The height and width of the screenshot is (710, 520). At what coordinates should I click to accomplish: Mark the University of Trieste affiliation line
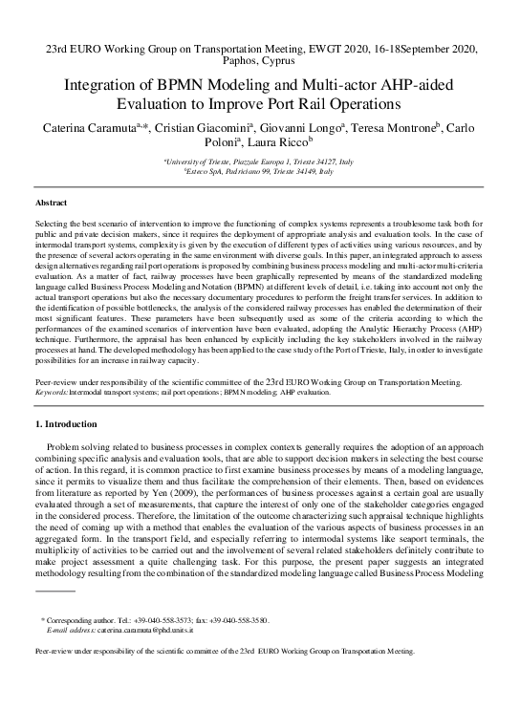259,163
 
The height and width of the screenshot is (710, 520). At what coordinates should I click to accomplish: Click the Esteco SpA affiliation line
259,173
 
